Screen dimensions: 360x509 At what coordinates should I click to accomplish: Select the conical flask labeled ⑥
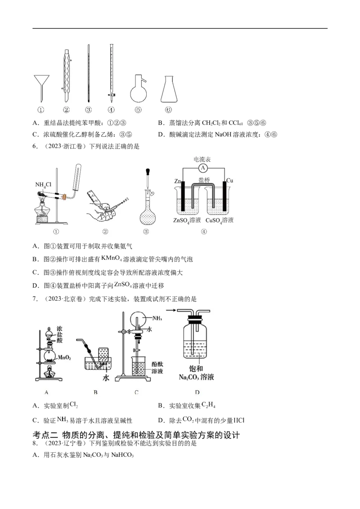click(x=169, y=89)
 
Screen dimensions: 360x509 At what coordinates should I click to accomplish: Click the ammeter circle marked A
click(x=203, y=168)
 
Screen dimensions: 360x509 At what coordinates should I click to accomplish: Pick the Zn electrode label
click(x=177, y=181)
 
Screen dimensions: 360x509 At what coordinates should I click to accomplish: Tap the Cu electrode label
click(x=229, y=180)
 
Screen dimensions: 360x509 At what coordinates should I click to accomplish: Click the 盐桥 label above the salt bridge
click(x=204, y=180)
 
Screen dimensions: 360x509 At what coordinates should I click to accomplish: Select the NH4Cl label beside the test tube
click(x=43, y=185)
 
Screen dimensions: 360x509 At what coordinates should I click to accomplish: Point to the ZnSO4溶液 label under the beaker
click(x=187, y=220)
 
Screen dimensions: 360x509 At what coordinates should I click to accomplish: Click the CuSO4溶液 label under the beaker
click(x=219, y=220)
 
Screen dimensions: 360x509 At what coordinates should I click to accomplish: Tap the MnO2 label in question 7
click(x=64, y=358)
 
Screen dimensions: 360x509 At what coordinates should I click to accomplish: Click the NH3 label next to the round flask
click(x=157, y=318)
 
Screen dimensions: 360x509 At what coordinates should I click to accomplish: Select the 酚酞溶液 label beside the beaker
click(x=157, y=367)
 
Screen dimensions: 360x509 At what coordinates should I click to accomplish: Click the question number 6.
click(x=35, y=147)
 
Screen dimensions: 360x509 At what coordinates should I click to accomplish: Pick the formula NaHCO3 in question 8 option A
click(x=122, y=455)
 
